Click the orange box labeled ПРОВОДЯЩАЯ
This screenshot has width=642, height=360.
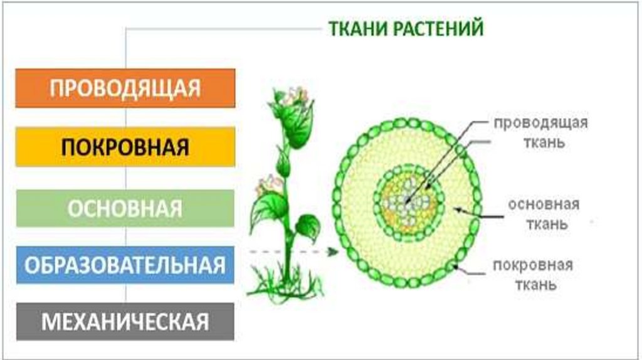click(x=125, y=88)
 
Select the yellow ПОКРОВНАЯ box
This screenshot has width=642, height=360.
click(x=125, y=147)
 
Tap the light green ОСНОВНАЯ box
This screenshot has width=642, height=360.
click(x=125, y=208)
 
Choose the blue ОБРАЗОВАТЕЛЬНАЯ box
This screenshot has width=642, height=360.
click(x=125, y=264)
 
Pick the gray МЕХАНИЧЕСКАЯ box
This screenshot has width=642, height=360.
click(x=125, y=322)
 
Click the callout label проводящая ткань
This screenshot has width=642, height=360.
click(x=540, y=132)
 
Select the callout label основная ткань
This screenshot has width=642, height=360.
click(x=544, y=214)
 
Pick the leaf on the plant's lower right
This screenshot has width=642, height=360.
click(x=308, y=225)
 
